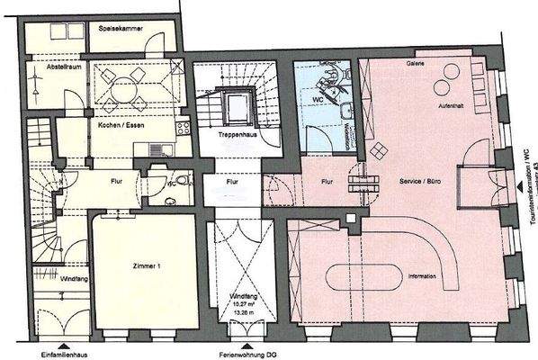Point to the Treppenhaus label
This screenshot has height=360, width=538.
(235, 133)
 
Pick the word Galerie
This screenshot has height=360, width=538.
(415, 66)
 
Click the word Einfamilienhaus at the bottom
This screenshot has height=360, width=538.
(63, 354)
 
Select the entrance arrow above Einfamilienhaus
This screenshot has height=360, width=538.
(63, 343)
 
